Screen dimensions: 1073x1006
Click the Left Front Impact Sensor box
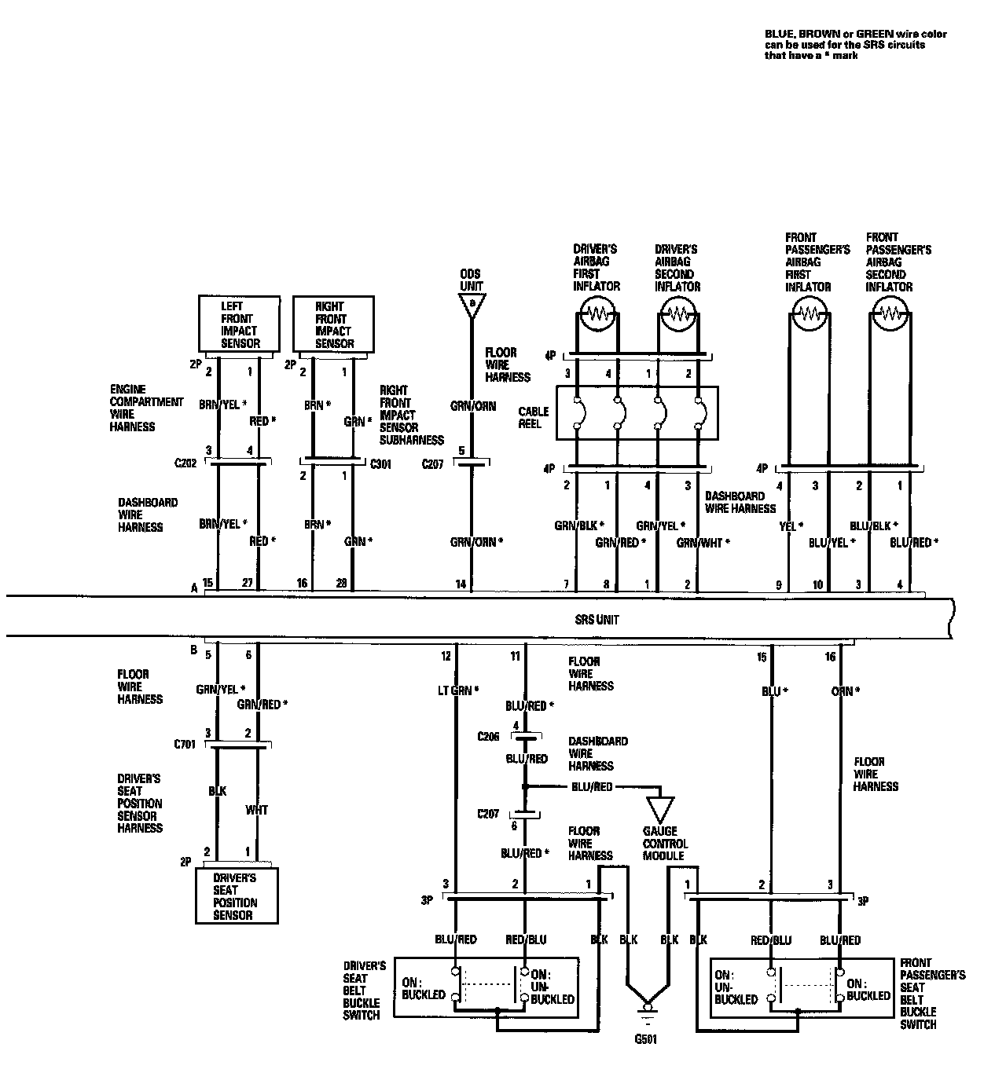point(240,324)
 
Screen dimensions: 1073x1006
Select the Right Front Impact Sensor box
point(334,324)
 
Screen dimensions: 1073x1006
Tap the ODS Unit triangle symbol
point(472,305)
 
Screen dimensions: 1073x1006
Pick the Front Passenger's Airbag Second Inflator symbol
point(890,316)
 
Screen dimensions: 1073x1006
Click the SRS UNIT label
point(597,620)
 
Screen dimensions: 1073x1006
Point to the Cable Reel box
point(637,412)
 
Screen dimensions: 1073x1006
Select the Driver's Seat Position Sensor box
point(236,896)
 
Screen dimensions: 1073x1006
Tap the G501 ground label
point(646,1039)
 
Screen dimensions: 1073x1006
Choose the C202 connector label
point(187,464)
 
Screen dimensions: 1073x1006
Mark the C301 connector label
point(382,464)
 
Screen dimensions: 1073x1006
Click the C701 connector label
point(185,743)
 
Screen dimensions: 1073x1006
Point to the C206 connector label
point(489,737)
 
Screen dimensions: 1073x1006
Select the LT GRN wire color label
point(454,690)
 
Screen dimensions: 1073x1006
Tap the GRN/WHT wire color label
point(702,542)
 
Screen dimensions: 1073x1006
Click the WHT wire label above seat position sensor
point(256,810)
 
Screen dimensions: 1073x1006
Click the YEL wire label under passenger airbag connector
point(788,527)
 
